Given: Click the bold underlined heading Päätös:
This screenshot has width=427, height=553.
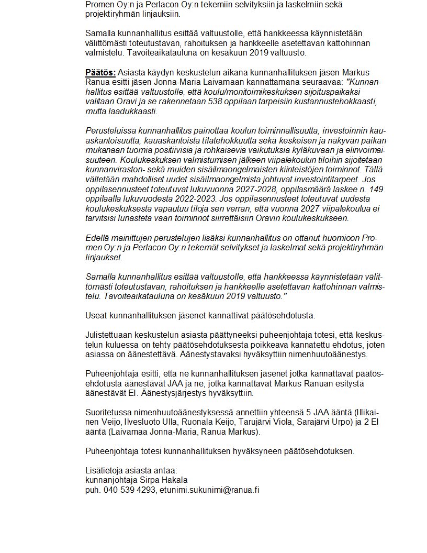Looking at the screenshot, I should [100, 72].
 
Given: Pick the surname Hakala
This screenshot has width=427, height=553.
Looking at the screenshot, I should [172, 480].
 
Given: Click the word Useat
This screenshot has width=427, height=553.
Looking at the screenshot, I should [96, 315].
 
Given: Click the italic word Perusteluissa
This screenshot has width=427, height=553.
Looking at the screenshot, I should [109, 130].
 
